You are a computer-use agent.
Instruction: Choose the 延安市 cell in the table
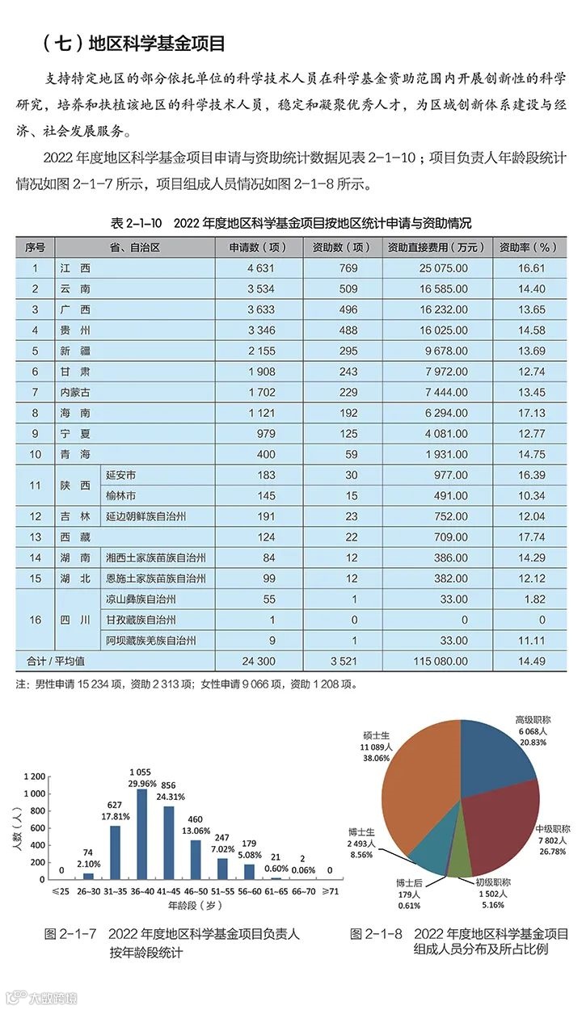coord(122,475)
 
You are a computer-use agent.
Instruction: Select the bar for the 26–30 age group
coord(89,876)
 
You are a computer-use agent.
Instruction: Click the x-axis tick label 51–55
coord(222,891)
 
